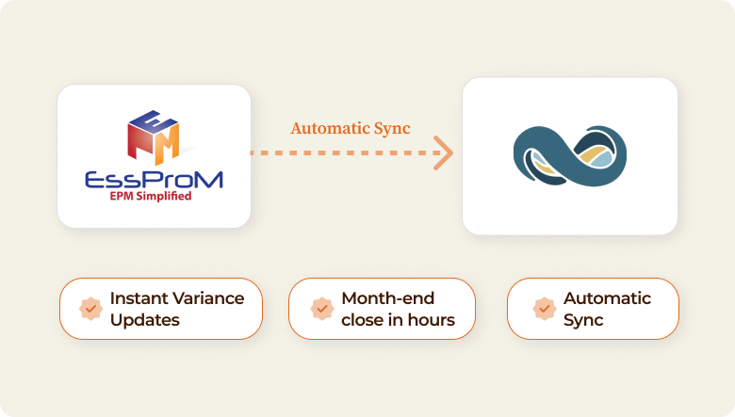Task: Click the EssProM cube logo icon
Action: tap(154, 137)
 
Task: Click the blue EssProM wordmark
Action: tap(154, 180)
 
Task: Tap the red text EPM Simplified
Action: tap(151, 196)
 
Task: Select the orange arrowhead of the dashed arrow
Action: tap(443, 153)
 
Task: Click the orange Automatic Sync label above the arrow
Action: tap(351, 128)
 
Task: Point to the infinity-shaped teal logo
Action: tap(570, 156)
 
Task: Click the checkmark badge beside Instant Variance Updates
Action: tap(91, 309)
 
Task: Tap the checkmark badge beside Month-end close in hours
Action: tap(322, 309)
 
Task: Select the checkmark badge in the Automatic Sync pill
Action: tap(545, 309)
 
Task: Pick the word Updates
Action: tap(145, 321)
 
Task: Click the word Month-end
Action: tap(388, 298)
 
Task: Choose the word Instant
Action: tap(139, 298)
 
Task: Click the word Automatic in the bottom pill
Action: tap(608, 298)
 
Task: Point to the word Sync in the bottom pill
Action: tap(583, 321)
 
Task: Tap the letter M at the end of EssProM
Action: tap(208, 180)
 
